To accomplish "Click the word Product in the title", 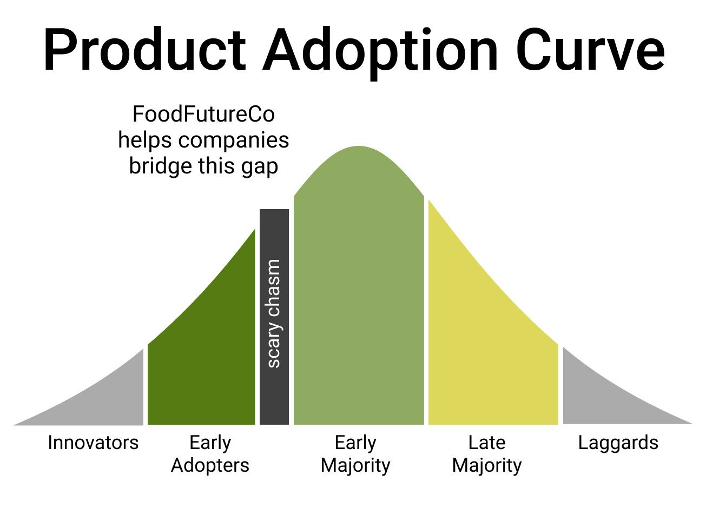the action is (144, 49).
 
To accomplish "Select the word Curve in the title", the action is (591, 49).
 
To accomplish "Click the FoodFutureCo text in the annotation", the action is (203, 114).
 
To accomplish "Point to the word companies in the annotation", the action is (234, 140).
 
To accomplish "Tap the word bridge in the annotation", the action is (161, 166).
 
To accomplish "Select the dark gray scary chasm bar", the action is (274, 317).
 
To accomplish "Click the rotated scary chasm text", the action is (274, 313).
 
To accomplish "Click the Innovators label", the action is (93, 443).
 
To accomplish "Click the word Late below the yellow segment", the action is (487, 443).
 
